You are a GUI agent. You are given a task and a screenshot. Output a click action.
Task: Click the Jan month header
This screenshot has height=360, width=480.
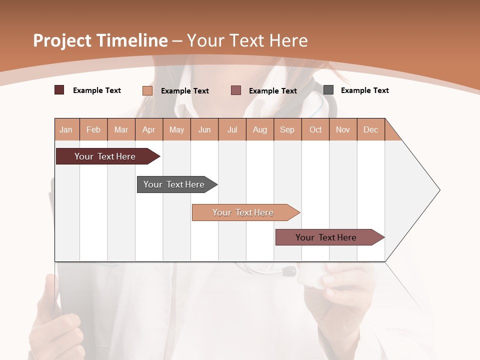click(x=66, y=129)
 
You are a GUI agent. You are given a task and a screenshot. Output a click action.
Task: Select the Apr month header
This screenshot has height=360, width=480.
click(x=148, y=129)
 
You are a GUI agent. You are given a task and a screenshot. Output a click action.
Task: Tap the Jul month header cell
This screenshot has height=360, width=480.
click(x=232, y=129)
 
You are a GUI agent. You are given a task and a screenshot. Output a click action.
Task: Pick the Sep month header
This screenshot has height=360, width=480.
click(x=287, y=129)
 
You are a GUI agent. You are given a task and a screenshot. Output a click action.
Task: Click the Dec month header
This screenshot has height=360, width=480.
click(x=370, y=129)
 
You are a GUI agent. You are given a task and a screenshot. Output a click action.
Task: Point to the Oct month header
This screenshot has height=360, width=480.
click(x=315, y=129)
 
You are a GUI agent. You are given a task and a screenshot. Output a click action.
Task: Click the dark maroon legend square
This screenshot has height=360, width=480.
click(x=59, y=90)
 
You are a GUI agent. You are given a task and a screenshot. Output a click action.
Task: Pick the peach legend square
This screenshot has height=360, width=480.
click(x=147, y=90)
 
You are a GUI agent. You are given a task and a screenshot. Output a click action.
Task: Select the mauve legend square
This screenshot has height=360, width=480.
click(x=236, y=90)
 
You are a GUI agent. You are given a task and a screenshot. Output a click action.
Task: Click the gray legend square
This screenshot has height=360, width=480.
click(x=328, y=90)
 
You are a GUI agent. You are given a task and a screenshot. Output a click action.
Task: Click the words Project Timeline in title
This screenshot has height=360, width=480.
click(x=100, y=40)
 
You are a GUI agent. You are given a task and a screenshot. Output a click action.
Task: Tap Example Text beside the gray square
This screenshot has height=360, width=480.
click(x=364, y=90)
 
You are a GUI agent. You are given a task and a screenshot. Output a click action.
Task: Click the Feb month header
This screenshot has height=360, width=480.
click(x=93, y=129)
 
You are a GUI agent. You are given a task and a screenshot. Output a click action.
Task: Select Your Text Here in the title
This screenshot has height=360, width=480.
click(x=247, y=40)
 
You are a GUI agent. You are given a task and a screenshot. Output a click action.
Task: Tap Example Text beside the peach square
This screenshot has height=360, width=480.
click(x=184, y=91)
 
